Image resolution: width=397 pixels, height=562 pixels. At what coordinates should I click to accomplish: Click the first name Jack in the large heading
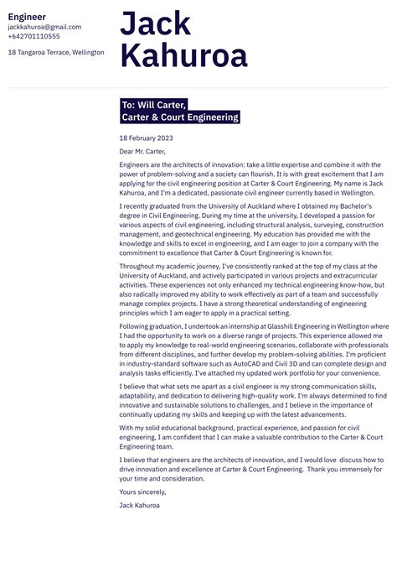pos(155,23)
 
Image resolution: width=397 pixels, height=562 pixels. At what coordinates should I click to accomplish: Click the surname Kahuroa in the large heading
pos(184,56)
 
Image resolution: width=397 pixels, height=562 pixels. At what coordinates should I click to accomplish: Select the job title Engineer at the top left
pos(27,16)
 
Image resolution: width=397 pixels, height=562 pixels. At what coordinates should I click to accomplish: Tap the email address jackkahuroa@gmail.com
pos(44,27)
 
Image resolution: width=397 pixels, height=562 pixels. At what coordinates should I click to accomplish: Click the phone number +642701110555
pos(34,36)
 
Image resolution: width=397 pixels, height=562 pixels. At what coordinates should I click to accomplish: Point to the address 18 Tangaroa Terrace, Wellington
pos(56,52)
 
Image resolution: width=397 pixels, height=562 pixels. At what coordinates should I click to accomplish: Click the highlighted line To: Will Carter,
pos(154,105)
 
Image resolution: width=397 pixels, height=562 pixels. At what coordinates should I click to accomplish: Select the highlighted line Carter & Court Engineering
pos(179,117)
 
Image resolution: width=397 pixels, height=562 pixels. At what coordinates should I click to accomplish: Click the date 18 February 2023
pos(146,138)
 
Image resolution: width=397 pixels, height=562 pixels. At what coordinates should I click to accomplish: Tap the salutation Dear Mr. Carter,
pos(142,151)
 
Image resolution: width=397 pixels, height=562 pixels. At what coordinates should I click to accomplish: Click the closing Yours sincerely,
pos(142,492)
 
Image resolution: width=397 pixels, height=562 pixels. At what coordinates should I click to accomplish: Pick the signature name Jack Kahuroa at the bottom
pos(139,505)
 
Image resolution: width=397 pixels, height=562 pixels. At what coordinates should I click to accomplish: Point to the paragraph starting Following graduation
pos(250,350)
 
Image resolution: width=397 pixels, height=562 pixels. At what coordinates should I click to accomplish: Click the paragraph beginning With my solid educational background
pos(250,437)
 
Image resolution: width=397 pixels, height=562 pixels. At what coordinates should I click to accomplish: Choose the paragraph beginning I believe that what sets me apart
pos(250,402)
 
